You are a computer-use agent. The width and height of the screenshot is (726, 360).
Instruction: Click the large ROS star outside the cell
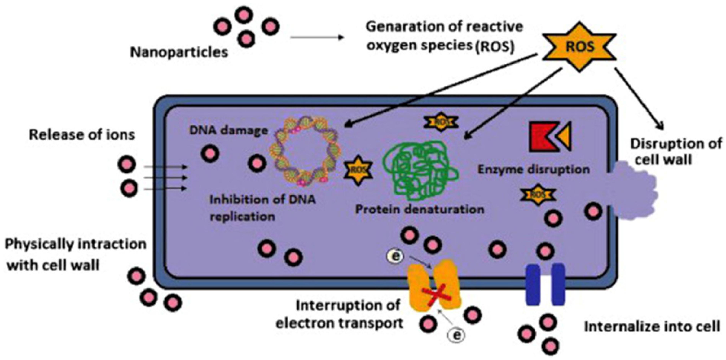(580, 47)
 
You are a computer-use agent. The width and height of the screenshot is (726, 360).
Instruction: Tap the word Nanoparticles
(179, 52)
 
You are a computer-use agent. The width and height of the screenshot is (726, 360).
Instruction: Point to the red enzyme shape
(541, 137)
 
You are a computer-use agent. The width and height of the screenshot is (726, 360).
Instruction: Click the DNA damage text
(228, 130)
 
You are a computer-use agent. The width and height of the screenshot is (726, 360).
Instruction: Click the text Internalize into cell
(652, 327)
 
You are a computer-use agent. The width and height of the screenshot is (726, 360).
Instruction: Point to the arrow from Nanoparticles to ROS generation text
(317, 37)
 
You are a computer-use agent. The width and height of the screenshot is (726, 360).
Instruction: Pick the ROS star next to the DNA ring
(358, 170)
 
